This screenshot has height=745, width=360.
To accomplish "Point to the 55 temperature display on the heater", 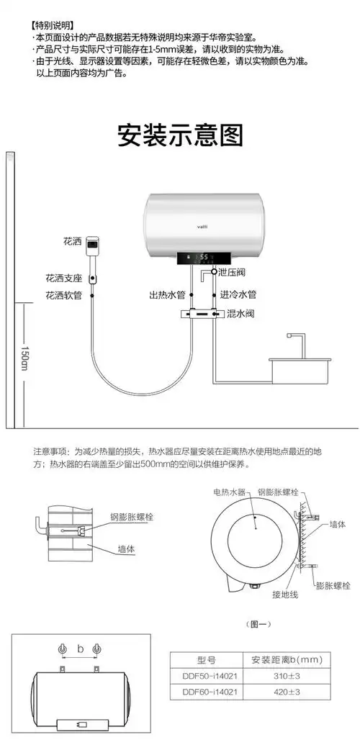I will tap(204, 256).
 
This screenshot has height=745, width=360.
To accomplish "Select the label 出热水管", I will tap(167, 295).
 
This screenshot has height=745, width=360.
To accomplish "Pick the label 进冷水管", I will tap(238, 295).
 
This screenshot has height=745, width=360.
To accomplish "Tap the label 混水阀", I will tap(240, 314).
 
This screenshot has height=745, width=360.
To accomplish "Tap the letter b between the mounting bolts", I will tap(81, 650).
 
